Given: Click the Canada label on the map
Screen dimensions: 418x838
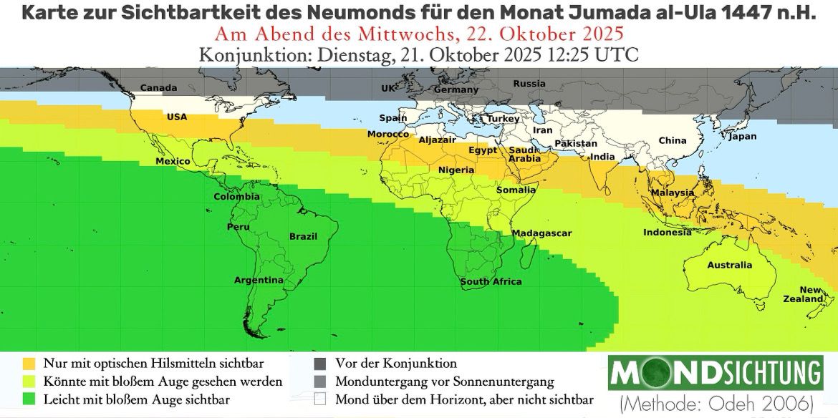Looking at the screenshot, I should (x=158, y=88).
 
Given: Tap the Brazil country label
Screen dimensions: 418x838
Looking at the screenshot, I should (x=302, y=236).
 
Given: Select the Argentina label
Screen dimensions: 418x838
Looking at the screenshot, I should (x=259, y=280).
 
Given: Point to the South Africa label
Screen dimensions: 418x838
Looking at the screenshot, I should (x=491, y=282).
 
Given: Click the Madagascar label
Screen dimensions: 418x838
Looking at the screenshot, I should (x=541, y=233).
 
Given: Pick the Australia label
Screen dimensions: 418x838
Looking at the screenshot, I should (x=730, y=265).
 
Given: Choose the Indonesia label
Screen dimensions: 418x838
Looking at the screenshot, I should (x=667, y=232).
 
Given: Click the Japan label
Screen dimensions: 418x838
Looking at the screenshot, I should (x=742, y=136).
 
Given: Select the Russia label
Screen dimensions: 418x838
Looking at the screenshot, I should (x=529, y=84).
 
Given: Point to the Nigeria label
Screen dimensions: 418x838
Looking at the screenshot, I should (x=456, y=170).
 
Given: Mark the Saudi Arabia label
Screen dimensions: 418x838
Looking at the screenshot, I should (x=524, y=154).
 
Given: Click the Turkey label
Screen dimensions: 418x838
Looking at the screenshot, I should (x=504, y=118).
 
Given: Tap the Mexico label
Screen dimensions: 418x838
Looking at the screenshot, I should (x=173, y=161).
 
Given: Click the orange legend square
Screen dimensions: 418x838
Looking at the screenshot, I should (x=29, y=363).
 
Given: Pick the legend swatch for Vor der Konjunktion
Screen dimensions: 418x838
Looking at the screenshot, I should (x=319, y=363).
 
